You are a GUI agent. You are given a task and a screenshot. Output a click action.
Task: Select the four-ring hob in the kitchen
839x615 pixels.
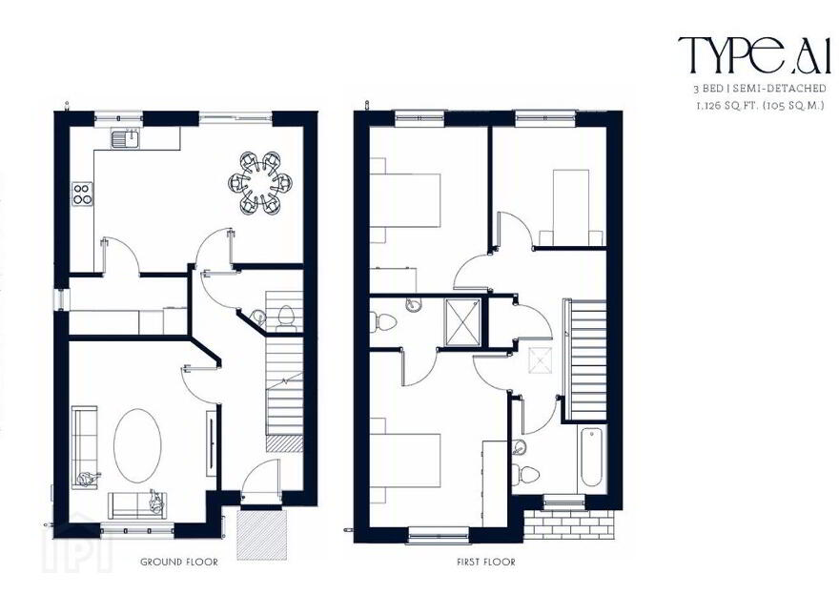(x=82, y=194)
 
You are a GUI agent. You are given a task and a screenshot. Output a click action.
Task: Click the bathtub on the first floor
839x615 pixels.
(x=592, y=457)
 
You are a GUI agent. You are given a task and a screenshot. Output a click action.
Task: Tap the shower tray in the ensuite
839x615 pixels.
(x=463, y=322)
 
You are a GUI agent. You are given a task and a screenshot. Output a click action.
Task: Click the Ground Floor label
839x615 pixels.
(x=179, y=562)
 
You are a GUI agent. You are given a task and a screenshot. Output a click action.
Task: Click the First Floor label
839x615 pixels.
(x=486, y=562)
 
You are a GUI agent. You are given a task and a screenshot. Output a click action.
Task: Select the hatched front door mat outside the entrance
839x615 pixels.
(x=261, y=534)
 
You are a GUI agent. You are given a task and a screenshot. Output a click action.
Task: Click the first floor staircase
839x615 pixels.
(x=587, y=359)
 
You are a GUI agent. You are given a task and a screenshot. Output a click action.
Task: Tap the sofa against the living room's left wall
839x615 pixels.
(x=85, y=447)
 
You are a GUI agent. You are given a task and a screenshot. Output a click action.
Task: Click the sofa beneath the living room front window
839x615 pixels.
(x=138, y=504)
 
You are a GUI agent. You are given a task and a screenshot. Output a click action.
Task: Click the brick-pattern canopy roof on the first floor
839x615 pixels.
(x=569, y=523)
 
